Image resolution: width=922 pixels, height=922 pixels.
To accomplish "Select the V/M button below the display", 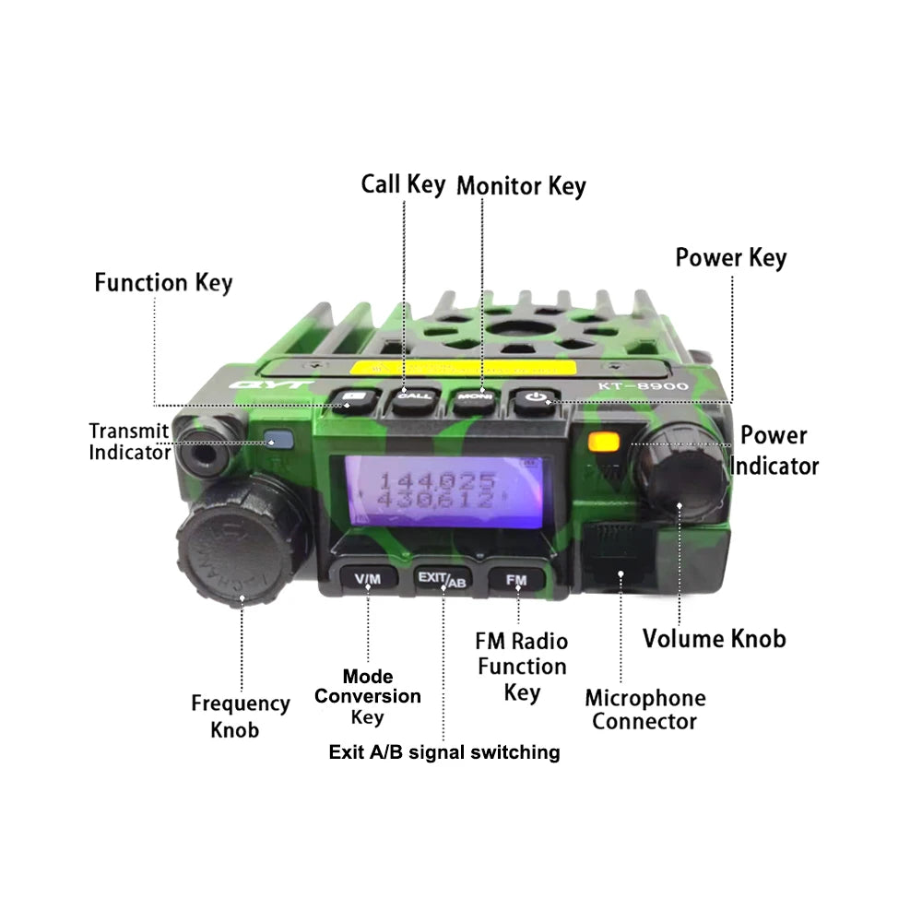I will [x=367, y=579].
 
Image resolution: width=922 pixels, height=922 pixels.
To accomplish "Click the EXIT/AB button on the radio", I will [x=443, y=579].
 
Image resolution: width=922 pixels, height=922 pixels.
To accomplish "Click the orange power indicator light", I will [x=604, y=441].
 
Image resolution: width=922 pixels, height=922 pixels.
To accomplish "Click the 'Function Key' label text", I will [x=163, y=282].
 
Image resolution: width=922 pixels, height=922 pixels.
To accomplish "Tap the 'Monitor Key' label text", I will [x=521, y=185].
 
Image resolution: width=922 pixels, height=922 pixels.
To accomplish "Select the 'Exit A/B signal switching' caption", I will [x=443, y=752].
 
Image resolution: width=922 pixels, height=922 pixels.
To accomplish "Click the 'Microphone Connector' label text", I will [x=644, y=709].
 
